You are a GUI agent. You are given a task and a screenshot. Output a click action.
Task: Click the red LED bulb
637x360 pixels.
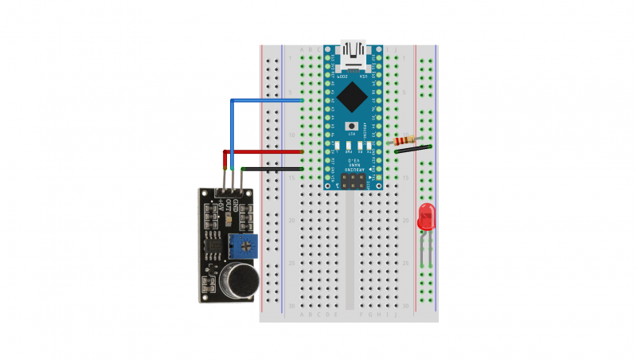tap(427, 217)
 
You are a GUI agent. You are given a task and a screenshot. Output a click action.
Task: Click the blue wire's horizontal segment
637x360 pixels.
tap(267, 101)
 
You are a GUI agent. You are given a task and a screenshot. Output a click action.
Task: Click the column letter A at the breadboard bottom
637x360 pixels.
tap(301, 315)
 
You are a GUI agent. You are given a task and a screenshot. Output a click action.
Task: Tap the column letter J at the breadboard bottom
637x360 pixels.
tap(397, 315)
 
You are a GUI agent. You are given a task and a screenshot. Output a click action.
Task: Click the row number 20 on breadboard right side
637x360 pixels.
tap(406, 221)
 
